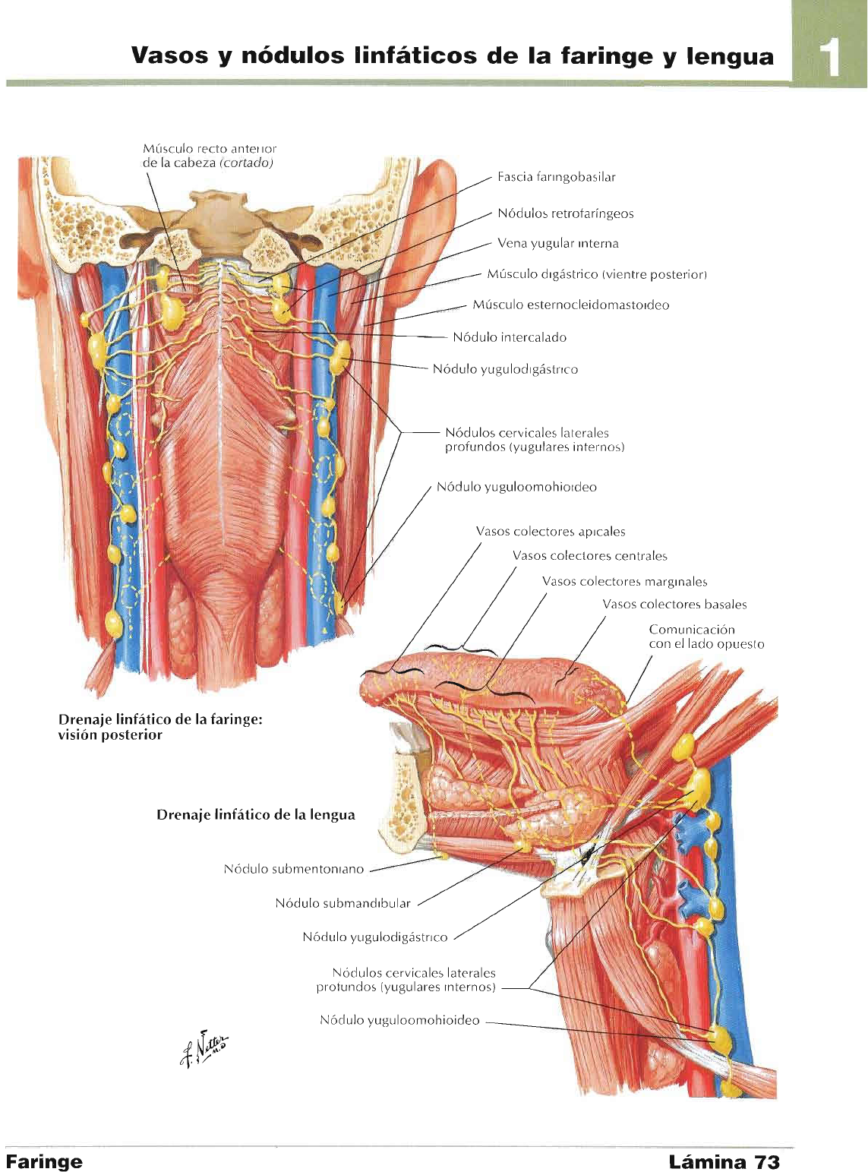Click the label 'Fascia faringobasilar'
pyautogui.click(x=556, y=177)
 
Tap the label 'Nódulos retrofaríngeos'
pyautogui.click(x=565, y=213)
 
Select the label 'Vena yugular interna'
pyautogui.click(x=557, y=244)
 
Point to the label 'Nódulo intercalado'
pyautogui.click(x=509, y=337)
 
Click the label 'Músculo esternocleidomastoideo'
pyautogui.click(x=570, y=305)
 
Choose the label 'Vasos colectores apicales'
pyautogui.click(x=551, y=532)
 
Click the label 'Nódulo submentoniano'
pyautogui.click(x=293, y=869)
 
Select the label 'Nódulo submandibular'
pyautogui.click(x=342, y=903)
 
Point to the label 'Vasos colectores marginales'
pyautogui.click(x=624, y=582)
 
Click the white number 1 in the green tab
pyautogui.click(x=832, y=57)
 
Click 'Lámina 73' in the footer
pyautogui.click(x=724, y=1161)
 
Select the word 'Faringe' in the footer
pyautogui.click(x=44, y=1161)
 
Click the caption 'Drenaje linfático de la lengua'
pyautogui.click(x=255, y=815)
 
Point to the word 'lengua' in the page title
pyautogui.click(x=729, y=56)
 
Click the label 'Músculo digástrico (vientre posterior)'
pyautogui.click(x=597, y=274)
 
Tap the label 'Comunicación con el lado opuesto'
pyautogui.click(x=705, y=637)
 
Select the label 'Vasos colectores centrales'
pyautogui.click(x=589, y=556)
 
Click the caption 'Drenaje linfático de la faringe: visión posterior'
pyautogui.click(x=160, y=727)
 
